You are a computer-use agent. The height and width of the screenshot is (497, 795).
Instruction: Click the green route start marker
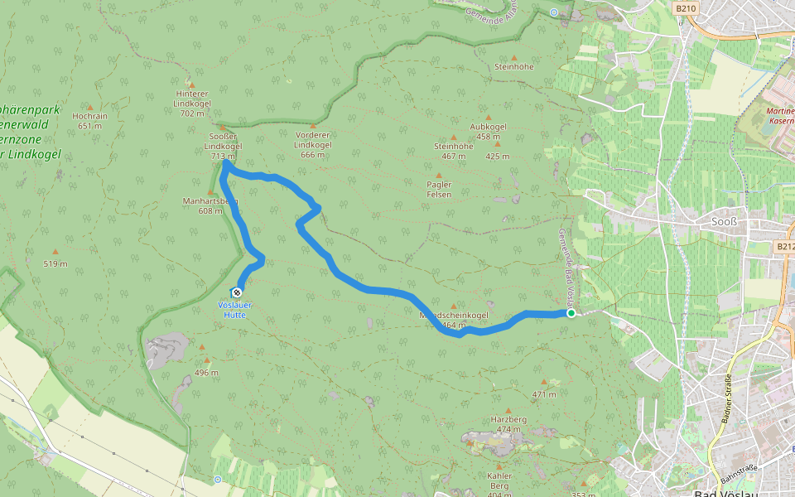click(571, 314)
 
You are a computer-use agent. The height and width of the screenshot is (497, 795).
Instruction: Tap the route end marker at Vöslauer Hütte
click(237, 292)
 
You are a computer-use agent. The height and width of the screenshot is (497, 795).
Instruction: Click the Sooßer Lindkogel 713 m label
click(222, 146)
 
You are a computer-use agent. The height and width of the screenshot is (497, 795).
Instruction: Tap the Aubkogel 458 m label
click(488, 131)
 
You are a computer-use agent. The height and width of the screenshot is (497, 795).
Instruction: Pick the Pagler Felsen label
click(439, 189)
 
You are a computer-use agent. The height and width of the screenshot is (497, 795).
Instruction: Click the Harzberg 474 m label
click(508, 424)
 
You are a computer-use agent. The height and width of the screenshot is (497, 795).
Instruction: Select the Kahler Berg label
click(499, 480)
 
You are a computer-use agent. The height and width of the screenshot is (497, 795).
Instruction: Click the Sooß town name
click(725, 221)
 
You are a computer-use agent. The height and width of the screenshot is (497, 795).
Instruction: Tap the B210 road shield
click(683, 8)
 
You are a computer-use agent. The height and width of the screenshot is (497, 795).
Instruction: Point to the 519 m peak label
click(55, 264)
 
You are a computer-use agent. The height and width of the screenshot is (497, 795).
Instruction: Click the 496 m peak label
click(206, 373)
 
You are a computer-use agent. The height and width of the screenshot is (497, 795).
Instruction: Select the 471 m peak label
click(544, 394)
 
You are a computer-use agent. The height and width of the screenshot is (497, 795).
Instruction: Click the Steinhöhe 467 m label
click(453, 151)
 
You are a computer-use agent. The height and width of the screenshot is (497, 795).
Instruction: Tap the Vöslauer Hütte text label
click(234, 309)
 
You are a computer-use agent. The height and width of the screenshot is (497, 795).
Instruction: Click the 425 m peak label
click(498, 156)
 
